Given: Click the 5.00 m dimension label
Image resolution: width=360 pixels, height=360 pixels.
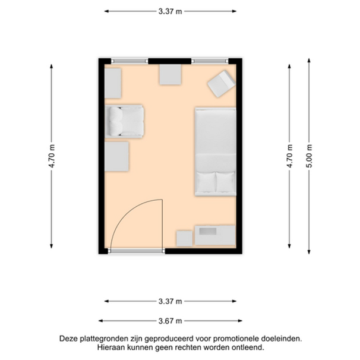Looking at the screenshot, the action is pyautogui.click(x=309, y=156).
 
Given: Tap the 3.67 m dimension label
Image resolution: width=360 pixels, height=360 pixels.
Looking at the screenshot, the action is pyautogui.click(x=170, y=321).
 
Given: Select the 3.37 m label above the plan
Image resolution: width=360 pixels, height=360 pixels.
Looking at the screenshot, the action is pyautogui.click(x=170, y=11).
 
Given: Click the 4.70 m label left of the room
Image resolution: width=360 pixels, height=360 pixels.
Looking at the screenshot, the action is pyautogui.click(x=52, y=156).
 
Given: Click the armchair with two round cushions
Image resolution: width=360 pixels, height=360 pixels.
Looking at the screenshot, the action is pyautogui.click(x=124, y=121).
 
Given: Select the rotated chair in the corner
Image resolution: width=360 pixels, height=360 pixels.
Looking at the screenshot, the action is pyautogui.click(x=222, y=84).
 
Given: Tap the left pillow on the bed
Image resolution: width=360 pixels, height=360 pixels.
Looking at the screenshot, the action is pyautogui.click(x=206, y=182).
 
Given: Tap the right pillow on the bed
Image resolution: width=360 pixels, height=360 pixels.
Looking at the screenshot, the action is pyautogui.click(x=226, y=182).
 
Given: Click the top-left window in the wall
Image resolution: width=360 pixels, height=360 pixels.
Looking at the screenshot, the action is pyautogui.click(x=130, y=61).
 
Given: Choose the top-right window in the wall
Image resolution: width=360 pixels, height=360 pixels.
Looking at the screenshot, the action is pyautogui.click(x=210, y=61).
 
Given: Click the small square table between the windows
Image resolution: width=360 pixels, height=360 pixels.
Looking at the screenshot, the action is pyautogui.click(x=170, y=75).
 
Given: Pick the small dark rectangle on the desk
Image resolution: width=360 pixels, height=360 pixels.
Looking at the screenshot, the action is pyautogui.click(x=208, y=231).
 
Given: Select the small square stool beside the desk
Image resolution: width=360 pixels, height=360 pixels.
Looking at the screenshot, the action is pyautogui.click(x=184, y=239).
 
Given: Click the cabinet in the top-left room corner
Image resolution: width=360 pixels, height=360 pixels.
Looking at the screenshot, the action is pyautogui.click(x=113, y=83).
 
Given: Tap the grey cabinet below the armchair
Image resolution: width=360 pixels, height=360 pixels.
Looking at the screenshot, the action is pyautogui.click(x=116, y=156).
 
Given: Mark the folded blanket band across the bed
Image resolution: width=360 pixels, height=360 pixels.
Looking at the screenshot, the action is pyautogui.click(x=216, y=163).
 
